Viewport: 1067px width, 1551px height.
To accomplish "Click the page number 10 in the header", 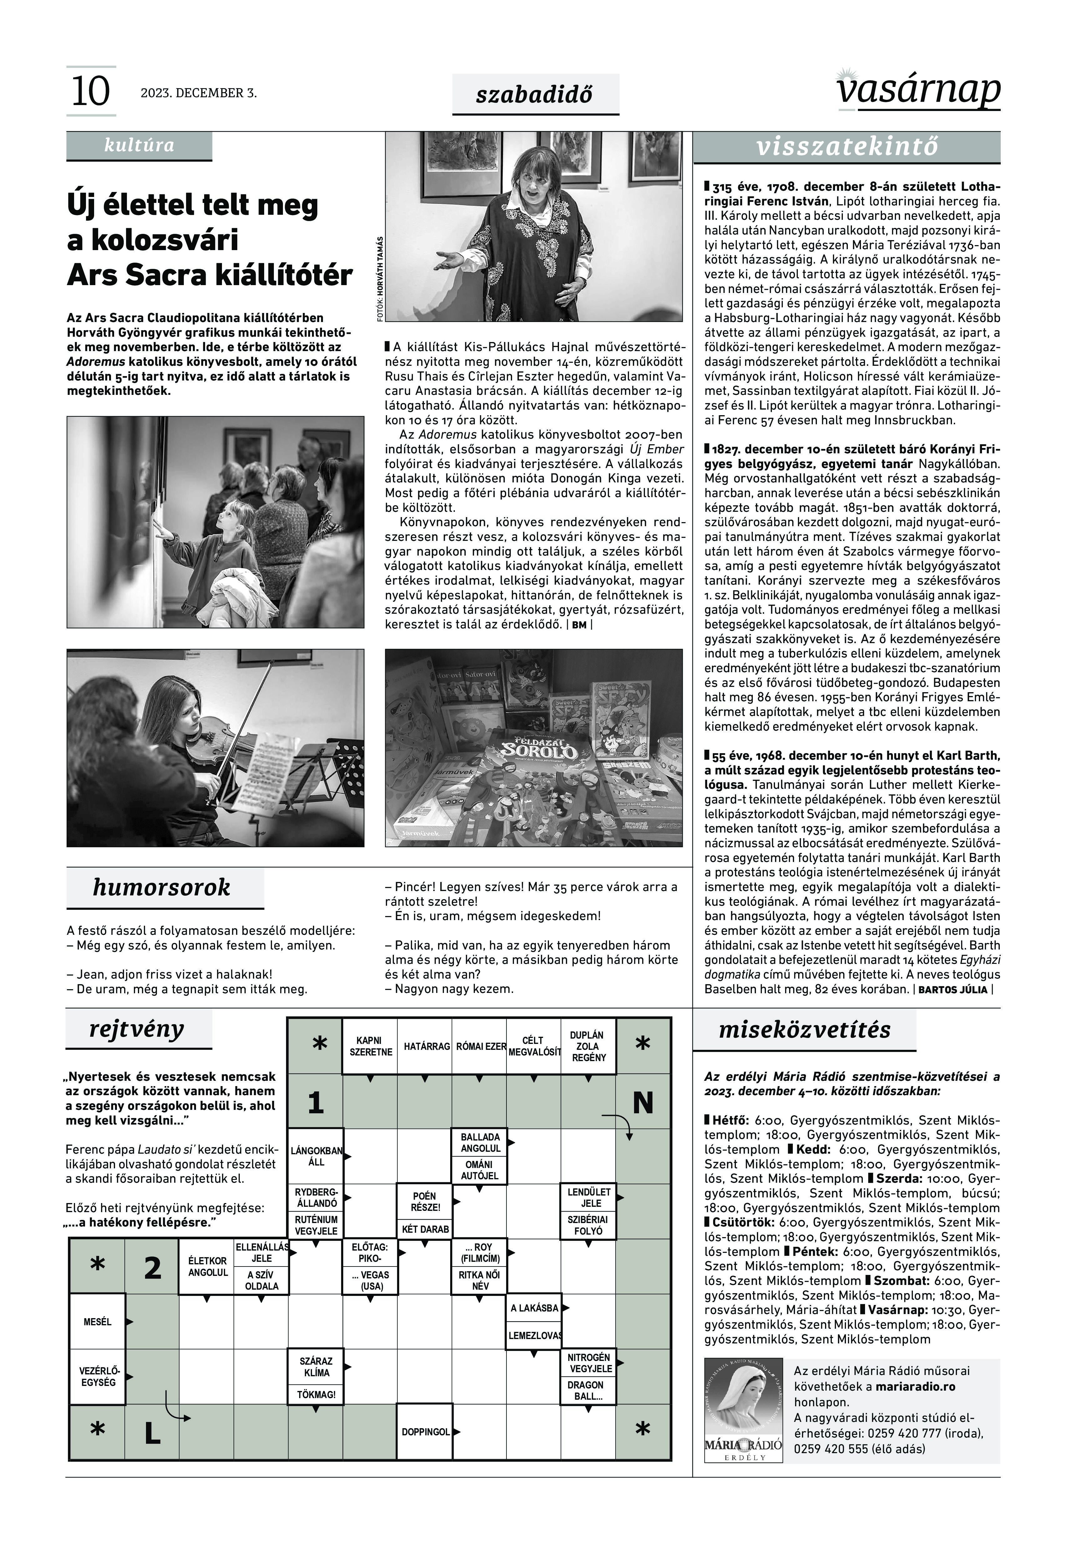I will coord(90,92).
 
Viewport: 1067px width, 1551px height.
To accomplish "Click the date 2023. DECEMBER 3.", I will coord(199,93).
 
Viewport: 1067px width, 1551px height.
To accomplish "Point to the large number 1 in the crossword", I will coord(315,1103).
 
